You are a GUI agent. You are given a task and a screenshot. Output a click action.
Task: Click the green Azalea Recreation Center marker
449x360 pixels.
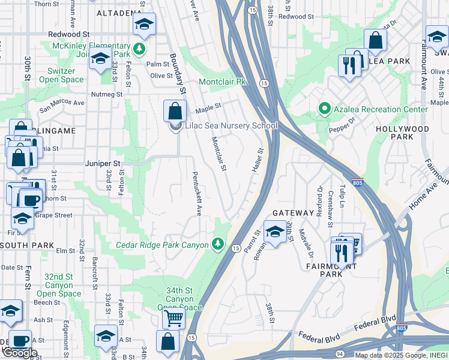325,109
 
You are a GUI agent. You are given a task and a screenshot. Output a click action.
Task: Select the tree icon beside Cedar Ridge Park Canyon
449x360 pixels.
218,244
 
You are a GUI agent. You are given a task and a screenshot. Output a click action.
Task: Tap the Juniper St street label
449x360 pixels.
104,163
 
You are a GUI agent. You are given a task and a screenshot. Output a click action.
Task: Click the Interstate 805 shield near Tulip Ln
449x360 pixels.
358,182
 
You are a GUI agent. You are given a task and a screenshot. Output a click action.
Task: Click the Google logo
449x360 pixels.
19,352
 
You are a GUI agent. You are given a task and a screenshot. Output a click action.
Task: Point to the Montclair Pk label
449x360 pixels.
223,82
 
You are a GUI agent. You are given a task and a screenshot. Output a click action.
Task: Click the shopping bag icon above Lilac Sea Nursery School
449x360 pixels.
175,110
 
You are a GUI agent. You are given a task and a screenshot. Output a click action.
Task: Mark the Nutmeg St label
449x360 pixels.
106,94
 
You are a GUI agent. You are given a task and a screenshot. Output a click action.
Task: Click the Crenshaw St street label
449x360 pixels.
330,209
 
